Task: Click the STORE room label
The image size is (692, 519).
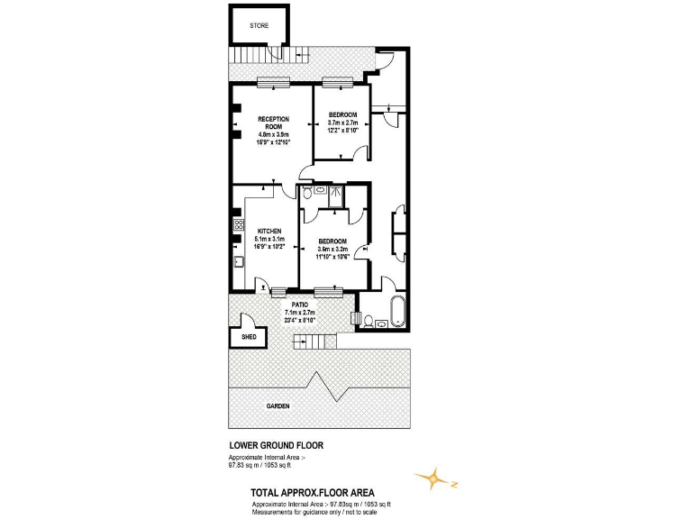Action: click(x=259, y=26)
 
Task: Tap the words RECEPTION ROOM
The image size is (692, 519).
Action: click(x=271, y=123)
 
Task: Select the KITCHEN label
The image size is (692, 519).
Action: click(x=269, y=231)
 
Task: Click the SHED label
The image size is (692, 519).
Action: click(x=250, y=337)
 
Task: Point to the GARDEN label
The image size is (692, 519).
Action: click(x=278, y=406)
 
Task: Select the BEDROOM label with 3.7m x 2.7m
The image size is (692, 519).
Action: click(x=342, y=114)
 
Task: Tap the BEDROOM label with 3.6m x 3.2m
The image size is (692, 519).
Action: click(x=332, y=241)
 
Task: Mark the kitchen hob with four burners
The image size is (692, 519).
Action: click(x=239, y=225)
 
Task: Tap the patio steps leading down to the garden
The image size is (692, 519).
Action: click(x=311, y=341)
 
